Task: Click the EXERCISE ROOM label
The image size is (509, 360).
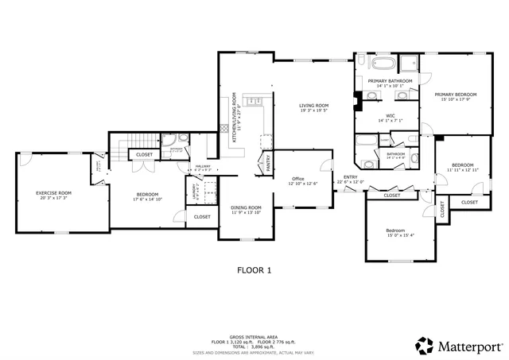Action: [54, 193]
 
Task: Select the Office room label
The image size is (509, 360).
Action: [298, 179]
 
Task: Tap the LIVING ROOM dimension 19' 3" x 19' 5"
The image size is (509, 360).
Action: [313, 110]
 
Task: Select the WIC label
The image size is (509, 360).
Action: [390, 116]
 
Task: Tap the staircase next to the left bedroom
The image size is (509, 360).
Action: [121, 153]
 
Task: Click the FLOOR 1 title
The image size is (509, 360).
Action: [254, 270]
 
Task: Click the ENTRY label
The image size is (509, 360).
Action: [350, 177]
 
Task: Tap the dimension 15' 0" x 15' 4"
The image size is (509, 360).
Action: [401, 234]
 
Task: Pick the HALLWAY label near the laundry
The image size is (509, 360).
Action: [203, 165]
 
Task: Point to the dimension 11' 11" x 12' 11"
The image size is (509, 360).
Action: [461, 169]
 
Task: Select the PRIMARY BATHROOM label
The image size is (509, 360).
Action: [390, 81]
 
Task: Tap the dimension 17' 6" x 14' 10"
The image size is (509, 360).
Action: [147, 199]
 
